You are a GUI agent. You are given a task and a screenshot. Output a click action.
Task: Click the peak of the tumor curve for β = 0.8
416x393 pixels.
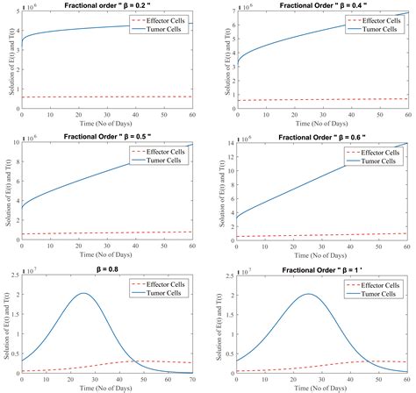click(x=82, y=294)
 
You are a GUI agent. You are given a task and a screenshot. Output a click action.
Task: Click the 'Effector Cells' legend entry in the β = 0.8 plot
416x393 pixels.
click(x=172, y=285)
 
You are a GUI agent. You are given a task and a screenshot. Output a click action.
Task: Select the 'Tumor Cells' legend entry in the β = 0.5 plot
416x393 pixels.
click(x=171, y=159)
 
